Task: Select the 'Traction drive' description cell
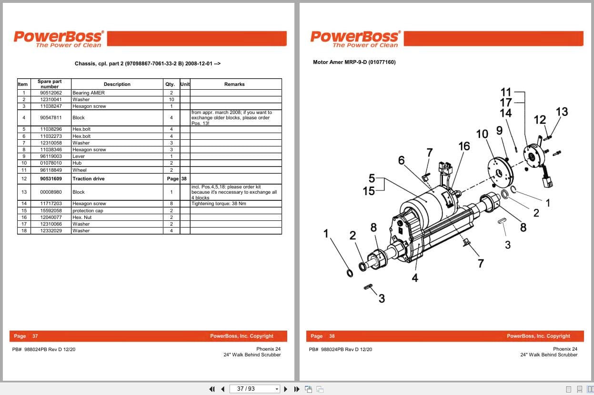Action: (x=89, y=179)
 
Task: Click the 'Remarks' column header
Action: (x=234, y=84)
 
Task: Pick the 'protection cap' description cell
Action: (x=88, y=210)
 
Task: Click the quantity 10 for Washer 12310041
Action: (x=171, y=99)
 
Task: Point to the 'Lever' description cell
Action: (x=79, y=156)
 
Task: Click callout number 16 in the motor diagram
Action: (x=464, y=146)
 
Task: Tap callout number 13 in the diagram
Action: (x=562, y=112)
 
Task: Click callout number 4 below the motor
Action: (x=415, y=278)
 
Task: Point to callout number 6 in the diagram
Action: (x=401, y=160)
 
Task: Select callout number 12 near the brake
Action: (x=540, y=120)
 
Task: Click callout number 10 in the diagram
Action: (x=482, y=134)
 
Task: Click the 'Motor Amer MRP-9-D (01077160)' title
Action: (x=354, y=62)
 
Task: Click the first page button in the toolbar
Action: (x=212, y=389)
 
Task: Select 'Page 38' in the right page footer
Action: (x=322, y=336)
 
